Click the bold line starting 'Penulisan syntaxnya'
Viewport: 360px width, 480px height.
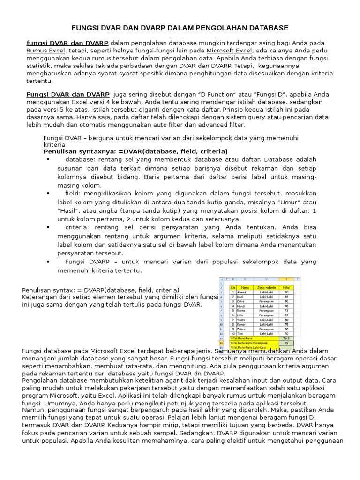click(x=135, y=151)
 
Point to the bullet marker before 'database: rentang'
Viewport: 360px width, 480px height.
click(x=48, y=159)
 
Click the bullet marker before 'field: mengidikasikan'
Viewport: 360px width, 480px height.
click(x=48, y=193)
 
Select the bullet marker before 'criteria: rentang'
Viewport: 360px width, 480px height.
click(x=48, y=227)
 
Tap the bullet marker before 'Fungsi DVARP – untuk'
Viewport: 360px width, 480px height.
click(x=48, y=262)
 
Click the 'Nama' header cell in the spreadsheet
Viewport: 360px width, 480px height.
click(x=245, y=287)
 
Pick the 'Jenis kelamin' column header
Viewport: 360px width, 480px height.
click(x=266, y=287)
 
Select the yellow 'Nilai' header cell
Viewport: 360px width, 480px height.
click(x=286, y=287)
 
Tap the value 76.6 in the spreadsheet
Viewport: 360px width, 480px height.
click(x=286, y=337)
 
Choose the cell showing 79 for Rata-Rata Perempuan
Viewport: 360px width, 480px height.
click(x=286, y=342)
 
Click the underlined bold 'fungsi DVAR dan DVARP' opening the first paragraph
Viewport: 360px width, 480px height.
click(x=67, y=43)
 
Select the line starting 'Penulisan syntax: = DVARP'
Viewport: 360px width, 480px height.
click(x=101, y=290)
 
